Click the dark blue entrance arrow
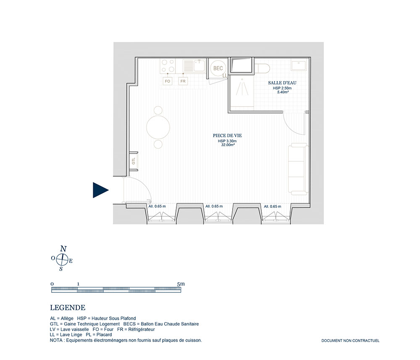[100, 190]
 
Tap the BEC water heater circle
[218, 68]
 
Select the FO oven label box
[168, 81]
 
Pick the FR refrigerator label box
[183, 81]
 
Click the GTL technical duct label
[134, 161]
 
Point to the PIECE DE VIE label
[227, 136]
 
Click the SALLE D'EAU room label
[282, 83]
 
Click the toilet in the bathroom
[262, 68]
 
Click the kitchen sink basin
[199, 66]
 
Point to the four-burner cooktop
[168, 66]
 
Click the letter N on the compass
[63, 249]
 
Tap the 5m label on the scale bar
[181, 284]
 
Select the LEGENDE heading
[68, 308]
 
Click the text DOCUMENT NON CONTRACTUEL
[350, 341]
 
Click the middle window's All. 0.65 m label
[214, 207]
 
